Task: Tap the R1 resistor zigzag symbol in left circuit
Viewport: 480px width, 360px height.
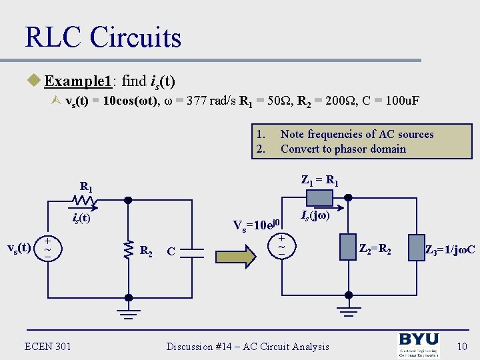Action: (83, 199)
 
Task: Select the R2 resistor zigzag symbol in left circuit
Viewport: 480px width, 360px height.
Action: (128, 249)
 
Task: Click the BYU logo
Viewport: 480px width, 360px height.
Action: (419, 346)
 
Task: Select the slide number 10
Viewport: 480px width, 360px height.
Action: (462, 346)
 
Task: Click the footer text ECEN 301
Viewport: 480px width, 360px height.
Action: (47, 346)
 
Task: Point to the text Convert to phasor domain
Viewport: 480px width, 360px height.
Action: (343, 149)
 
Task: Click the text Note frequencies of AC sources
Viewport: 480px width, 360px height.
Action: (357, 134)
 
